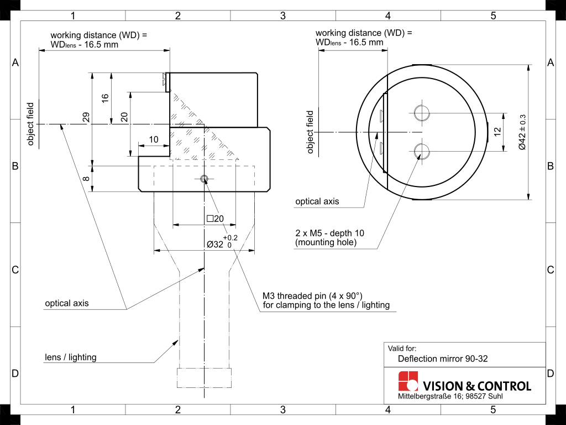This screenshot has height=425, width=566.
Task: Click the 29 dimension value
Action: [86, 118]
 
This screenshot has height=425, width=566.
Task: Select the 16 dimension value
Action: [105, 98]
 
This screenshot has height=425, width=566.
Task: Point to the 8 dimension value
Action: [86, 179]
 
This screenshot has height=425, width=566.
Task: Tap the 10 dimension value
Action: [154, 139]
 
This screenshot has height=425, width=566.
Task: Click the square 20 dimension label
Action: [215, 219]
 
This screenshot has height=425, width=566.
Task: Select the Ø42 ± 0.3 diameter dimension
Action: [522, 132]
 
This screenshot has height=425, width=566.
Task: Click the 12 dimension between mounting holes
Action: [497, 132]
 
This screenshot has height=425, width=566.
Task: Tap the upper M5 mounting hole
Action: [422, 113]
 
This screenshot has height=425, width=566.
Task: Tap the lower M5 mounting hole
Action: [422, 151]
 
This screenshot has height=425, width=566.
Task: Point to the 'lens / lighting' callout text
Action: [71, 357]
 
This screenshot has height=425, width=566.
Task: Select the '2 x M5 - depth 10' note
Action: [330, 233]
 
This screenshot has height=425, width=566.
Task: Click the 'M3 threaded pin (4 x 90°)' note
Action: [313, 296]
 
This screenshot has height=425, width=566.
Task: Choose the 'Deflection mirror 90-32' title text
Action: [443, 359]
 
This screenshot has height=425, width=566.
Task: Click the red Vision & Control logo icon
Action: [408, 381]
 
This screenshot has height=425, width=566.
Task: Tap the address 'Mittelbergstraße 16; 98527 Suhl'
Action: [450, 396]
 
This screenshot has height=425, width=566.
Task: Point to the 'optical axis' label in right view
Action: [317, 201]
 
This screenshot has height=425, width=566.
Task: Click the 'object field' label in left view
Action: [31, 124]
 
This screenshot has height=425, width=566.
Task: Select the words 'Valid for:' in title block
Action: [402, 349]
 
